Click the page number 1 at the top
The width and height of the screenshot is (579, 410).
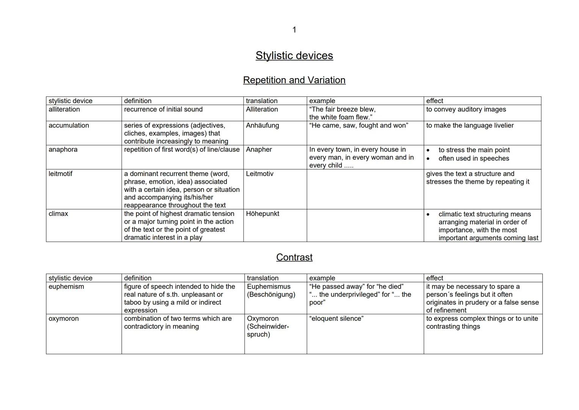[294, 30]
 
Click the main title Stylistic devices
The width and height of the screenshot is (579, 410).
[294, 55]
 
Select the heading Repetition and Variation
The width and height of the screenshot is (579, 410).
[294, 80]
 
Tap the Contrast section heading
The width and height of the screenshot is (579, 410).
[294, 257]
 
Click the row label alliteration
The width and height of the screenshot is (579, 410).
[64, 109]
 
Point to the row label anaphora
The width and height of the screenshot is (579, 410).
[63, 150]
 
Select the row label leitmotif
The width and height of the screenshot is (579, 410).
[60, 174]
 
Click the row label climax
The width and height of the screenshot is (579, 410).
[58, 214]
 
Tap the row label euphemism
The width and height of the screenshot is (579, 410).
[66, 287]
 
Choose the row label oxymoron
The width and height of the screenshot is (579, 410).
[64, 319]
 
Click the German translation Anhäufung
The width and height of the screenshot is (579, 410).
[262, 125]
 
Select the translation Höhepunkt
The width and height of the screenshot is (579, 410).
[262, 214]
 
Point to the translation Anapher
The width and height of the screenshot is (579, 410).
[259, 150]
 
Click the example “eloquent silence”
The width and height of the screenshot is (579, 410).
[336, 319]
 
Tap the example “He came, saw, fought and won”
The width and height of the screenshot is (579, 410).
[359, 125]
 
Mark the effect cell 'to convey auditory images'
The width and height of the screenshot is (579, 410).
[466, 109]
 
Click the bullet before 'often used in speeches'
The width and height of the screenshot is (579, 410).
[428, 159]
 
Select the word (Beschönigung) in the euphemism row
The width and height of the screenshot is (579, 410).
[271, 295]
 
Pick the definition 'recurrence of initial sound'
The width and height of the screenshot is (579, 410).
[163, 109]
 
